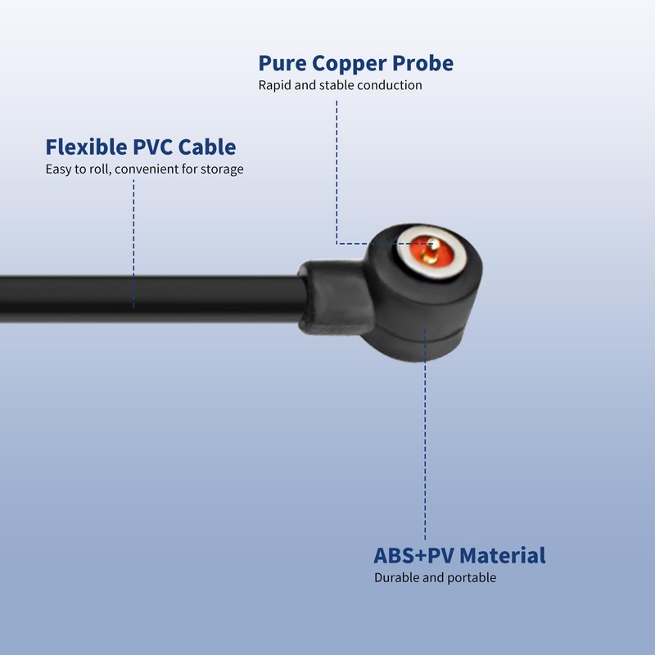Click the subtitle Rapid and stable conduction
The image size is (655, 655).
pos(340,85)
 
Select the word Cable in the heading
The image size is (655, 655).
pos(207,147)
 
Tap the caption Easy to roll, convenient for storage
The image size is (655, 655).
pos(144,169)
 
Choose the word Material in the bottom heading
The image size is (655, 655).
pos(502,555)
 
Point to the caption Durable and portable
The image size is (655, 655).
pos(435,577)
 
